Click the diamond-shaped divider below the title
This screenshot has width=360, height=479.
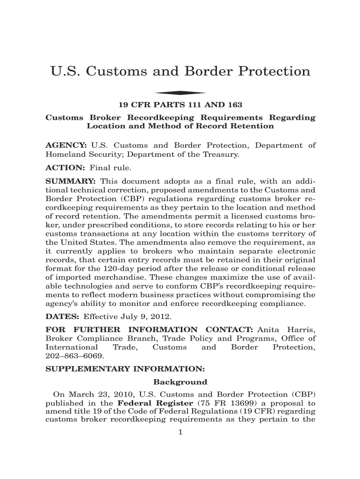pyautogui.click(x=180, y=93)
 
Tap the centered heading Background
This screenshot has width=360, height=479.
pyautogui.click(x=180, y=382)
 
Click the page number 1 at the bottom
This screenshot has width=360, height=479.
pyautogui.click(x=180, y=432)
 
